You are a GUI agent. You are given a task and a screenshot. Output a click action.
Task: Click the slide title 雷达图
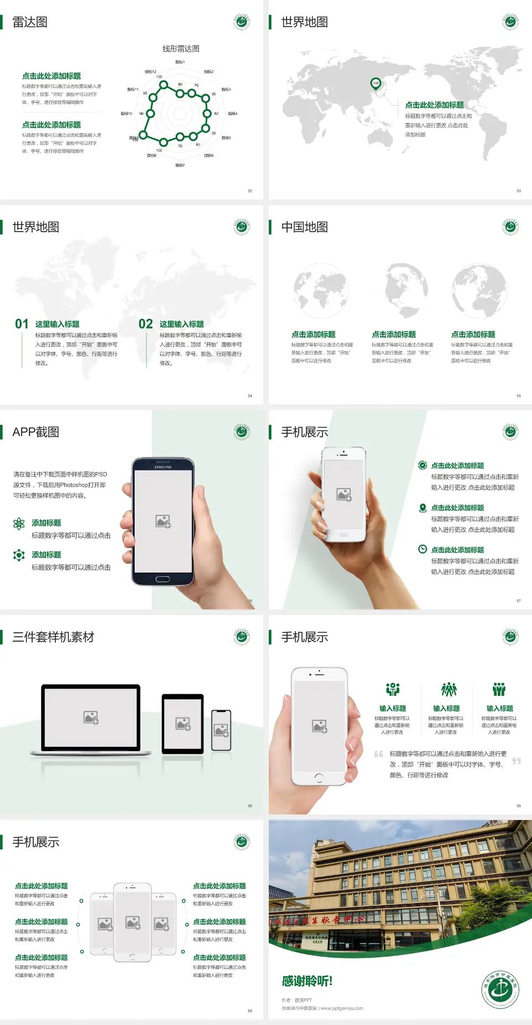tap(30, 22)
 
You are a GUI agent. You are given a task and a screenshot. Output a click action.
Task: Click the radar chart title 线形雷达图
tap(181, 49)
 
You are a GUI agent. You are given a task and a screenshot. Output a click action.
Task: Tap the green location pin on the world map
tap(376, 84)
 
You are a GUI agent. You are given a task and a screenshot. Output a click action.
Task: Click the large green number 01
tap(22, 324)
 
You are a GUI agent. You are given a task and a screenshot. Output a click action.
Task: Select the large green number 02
tap(146, 324)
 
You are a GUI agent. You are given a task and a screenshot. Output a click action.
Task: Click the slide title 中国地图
tap(304, 227)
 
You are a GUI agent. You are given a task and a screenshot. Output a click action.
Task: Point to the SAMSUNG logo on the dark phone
tap(163, 467)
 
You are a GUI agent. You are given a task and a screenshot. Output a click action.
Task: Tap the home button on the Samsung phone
tap(162, 579)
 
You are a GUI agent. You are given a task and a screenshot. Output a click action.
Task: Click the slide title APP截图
tap(35, 432)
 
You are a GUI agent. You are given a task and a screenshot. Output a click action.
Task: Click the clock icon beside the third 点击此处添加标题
tap(422, 549)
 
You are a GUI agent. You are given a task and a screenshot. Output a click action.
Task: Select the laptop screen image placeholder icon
tap(91, 717)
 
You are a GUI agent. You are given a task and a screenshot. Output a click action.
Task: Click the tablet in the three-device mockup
tap(183, 724)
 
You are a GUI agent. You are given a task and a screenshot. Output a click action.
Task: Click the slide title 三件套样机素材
tap(53, 637)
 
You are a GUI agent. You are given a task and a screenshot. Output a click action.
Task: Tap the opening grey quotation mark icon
tap(378, 754)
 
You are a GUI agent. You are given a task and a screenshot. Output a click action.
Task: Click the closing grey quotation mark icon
tap(516, 761)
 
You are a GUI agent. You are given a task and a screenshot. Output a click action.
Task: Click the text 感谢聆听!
tap(307, 981)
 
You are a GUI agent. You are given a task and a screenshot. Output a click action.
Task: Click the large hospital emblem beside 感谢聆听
tap(500, 990)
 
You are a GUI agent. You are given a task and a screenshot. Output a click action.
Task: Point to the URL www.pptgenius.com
tap(342, 1008)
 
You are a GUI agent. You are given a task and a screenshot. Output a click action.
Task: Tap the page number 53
tap(519, 191)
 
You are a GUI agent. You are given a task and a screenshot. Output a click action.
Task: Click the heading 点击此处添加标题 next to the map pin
tap(434, 105)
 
